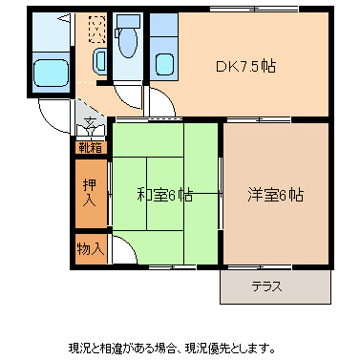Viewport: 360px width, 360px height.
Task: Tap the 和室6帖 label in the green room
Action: (164, 195)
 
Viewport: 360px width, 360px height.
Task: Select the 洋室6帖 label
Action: (277, 195)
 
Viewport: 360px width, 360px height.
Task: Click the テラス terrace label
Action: (266, 286)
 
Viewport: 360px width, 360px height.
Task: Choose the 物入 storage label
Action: (91, 249)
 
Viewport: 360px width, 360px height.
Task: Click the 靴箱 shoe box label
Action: (91, 147)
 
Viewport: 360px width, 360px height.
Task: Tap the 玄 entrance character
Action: (90, 122)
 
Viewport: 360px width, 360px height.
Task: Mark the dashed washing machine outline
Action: (96, 31)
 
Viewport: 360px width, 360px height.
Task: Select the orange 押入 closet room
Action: (92, 195)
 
